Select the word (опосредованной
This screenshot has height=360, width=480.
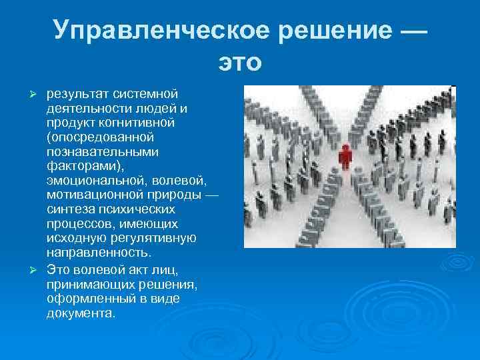101,137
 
